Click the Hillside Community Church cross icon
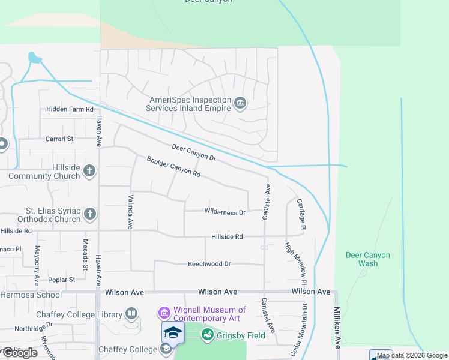pos(89,171)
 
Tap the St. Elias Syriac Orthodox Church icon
pos(89,214)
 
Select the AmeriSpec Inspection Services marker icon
pos(240,104)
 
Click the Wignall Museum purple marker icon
pos(164,313)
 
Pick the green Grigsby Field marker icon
pos(208,335)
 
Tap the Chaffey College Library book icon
pos(131,314)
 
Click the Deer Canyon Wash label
pos(367,259)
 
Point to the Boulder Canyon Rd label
pos(173,166)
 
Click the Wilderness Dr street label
pos(225,212)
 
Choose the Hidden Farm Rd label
pos(70,109)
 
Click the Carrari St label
pos(59,139)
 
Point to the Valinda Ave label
pos(130,212)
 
